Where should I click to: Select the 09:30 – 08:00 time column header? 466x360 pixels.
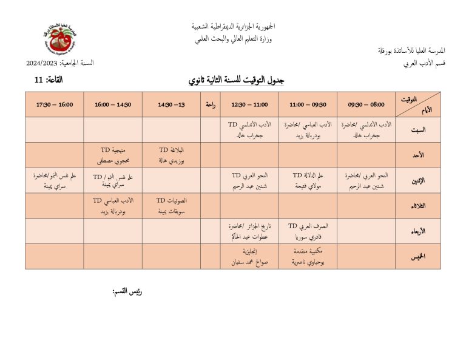point(365,104)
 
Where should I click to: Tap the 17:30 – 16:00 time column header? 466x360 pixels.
point(54,104)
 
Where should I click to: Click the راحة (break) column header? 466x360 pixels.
point(211,104)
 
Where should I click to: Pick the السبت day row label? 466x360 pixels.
point(417,130)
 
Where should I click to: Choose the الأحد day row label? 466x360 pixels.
point(417,155)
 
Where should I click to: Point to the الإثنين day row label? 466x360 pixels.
point(417,180)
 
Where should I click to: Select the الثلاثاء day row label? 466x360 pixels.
point(417,206)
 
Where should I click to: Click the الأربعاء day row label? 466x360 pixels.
point(417,231)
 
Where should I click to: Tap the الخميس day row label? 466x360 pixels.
point(417,256)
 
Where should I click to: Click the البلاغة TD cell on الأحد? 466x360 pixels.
point(171,155)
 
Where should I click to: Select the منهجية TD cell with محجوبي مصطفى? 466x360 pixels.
point(113,155)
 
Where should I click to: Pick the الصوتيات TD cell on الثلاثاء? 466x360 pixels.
point(171,206)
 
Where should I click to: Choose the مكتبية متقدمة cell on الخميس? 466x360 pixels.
point(308,256)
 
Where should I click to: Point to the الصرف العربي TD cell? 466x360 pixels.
point(308,231)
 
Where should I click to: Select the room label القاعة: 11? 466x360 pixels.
point(48,80)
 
